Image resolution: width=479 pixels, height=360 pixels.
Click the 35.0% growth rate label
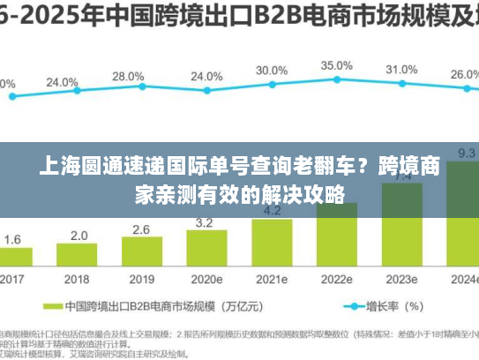point(336,66)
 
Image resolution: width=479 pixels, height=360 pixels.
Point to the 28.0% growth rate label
point(129,77)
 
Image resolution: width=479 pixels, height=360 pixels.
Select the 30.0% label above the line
point(272,71)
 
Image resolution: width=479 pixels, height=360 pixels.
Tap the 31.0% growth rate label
point(401,70)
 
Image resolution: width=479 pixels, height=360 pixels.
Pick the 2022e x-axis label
point(337,280)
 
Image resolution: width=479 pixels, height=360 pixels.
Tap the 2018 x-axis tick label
point(79,280)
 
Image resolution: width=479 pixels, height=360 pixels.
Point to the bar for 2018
point(79,257)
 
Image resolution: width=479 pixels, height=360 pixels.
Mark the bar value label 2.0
point(79,236)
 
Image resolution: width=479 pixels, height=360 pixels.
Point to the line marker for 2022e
point(337,81)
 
